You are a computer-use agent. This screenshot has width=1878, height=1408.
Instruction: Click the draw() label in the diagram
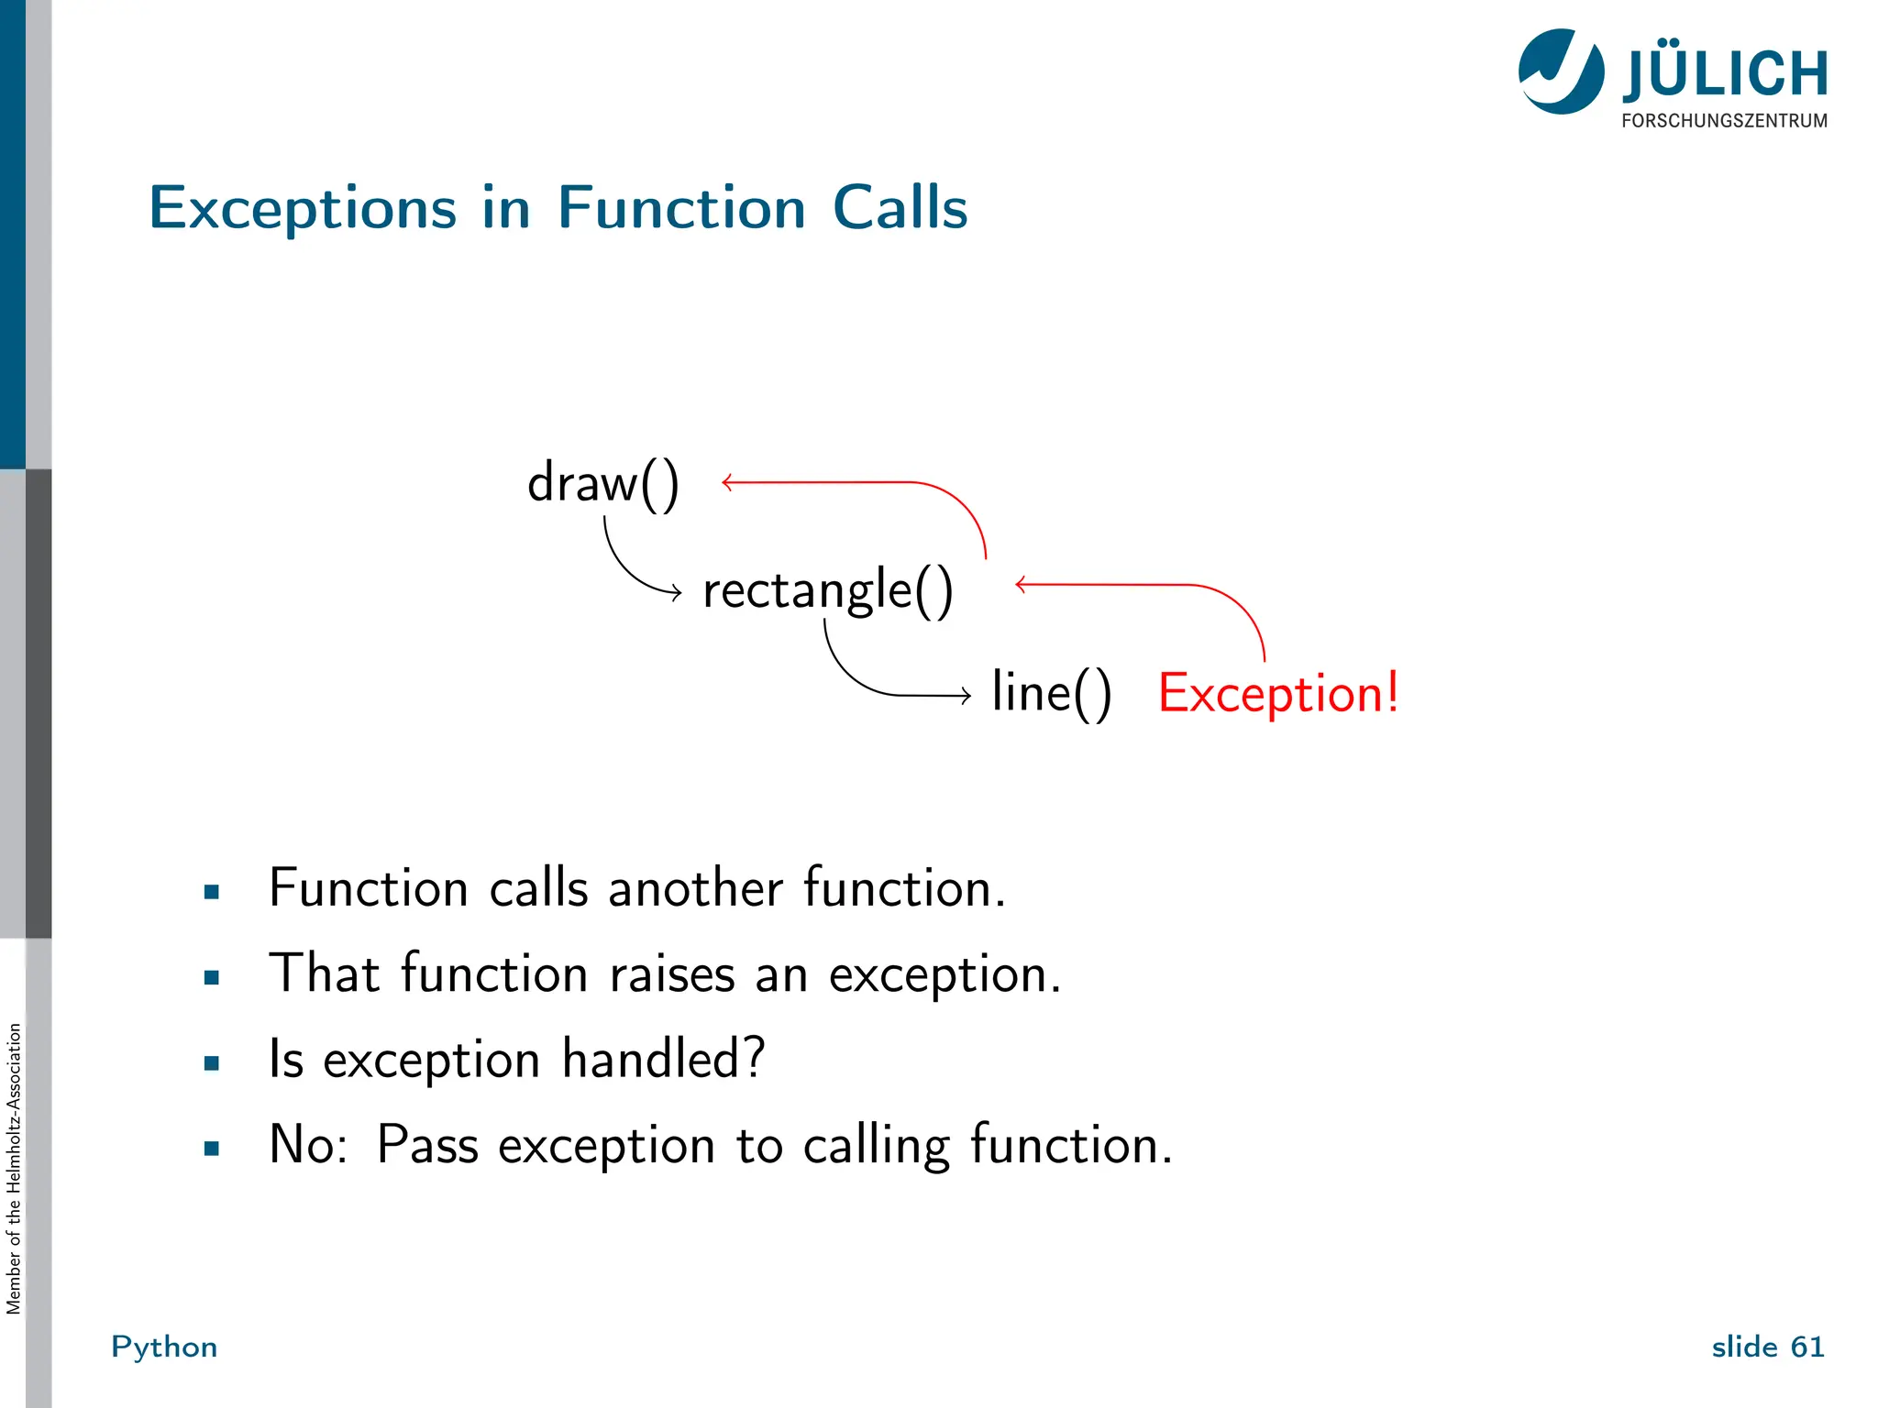pos(602,483)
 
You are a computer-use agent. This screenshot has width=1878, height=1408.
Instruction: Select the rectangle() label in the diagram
pos(827,589)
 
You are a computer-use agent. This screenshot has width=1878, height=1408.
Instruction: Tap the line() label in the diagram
pos(1051,692)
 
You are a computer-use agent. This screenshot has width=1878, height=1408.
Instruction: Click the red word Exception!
pos(1277,693)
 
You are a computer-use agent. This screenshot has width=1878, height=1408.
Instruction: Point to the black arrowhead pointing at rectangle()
pos(677,593)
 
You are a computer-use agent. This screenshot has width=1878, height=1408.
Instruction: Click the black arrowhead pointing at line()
pos(966,696)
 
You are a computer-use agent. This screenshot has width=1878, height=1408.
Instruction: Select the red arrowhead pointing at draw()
pos(727,482)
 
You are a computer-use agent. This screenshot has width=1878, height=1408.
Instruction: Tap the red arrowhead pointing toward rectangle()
pos(1021,584)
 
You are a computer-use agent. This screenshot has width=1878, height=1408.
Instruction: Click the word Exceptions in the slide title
pos(303,209)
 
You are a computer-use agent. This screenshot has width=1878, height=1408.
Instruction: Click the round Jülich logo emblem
pos(1561,71)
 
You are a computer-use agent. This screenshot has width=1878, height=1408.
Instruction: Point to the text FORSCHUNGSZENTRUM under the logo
pos(1724,121)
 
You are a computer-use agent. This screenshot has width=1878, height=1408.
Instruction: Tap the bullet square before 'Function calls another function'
pos(212,891)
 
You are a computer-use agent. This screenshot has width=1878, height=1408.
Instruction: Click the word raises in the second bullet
pos(672,973)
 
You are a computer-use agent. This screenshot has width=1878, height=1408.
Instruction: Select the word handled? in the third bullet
pos(663,1059)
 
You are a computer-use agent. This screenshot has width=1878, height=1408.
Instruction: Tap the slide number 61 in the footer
pos(1806,1347)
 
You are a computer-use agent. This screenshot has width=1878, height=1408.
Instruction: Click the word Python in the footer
pos(164,1347)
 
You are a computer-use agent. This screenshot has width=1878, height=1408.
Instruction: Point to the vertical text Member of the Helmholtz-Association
pos(14,1169)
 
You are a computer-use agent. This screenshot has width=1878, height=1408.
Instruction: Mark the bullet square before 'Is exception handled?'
pos(212,1063)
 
